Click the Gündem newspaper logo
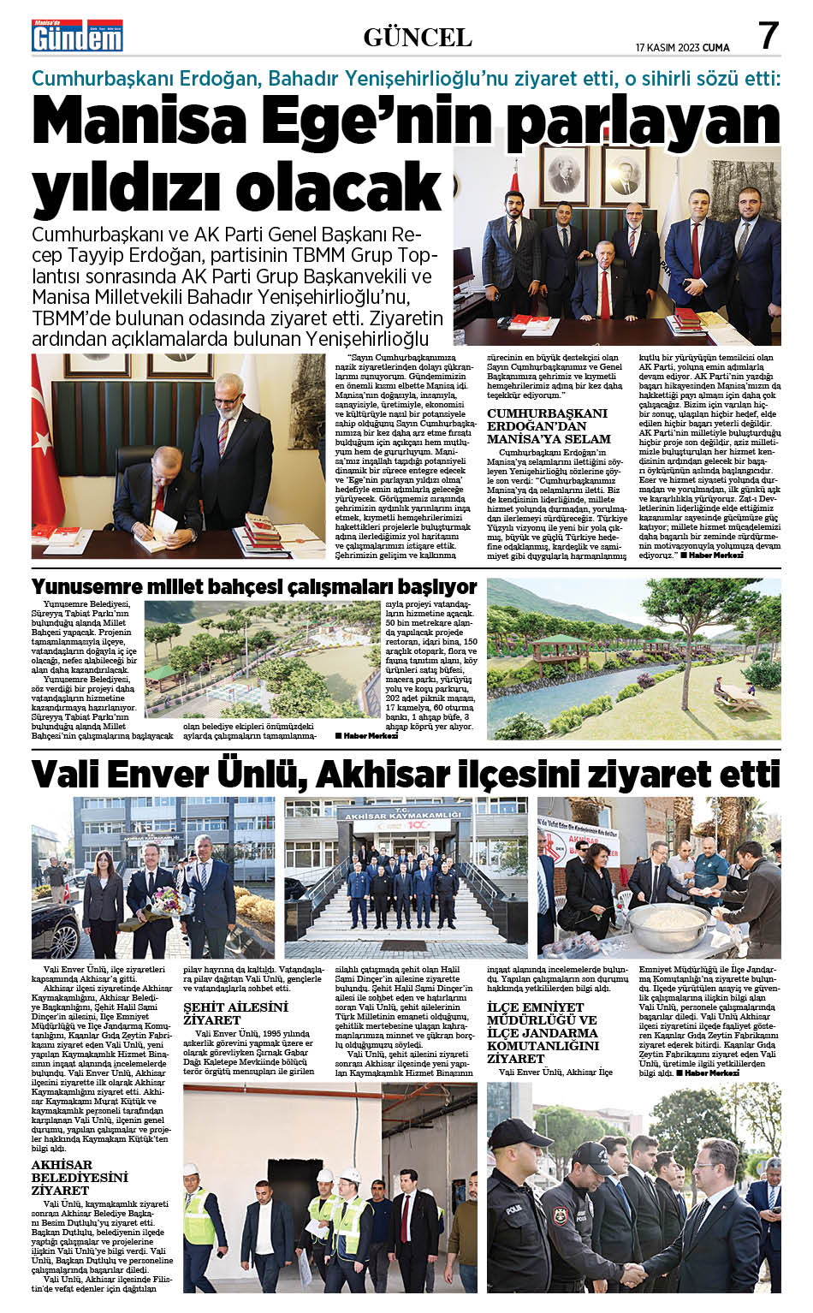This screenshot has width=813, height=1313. click(77, 36)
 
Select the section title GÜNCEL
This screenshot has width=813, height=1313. click(418, 38)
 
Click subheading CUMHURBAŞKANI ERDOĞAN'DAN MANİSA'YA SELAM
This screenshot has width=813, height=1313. click(547, 425)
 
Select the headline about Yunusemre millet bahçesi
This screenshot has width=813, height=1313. click(253, 587)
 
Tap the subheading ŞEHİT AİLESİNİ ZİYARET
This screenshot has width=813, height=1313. click(235, 1013)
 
